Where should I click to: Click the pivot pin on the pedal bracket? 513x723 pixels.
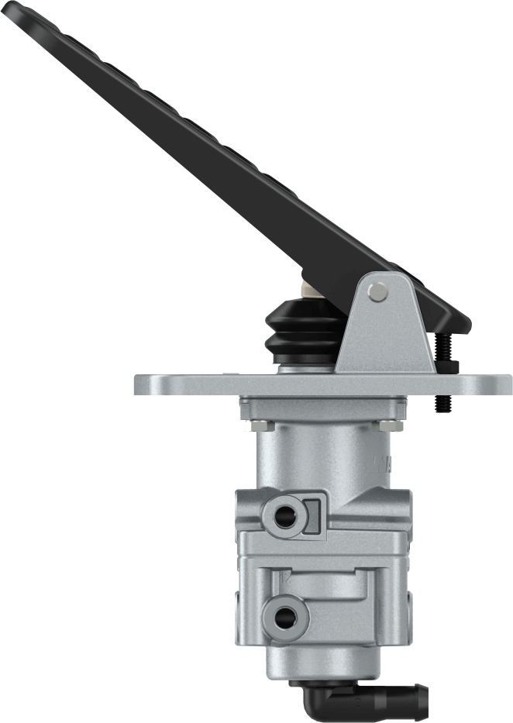tap(378, 291)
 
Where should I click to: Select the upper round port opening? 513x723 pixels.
tap(285, 517)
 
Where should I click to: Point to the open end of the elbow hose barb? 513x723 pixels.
tap(423, 691)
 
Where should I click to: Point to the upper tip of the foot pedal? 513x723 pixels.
tap(15, 9)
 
